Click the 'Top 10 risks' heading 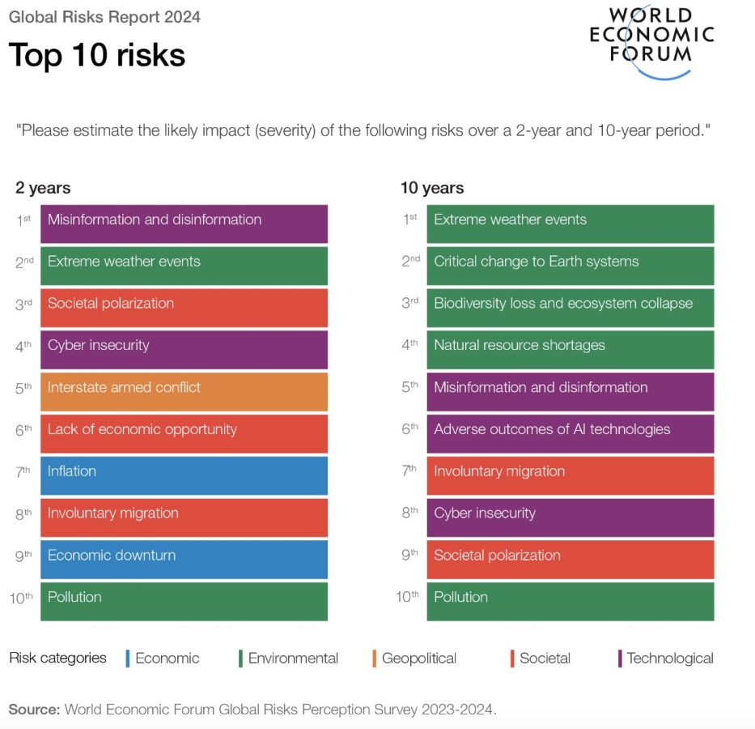[97, 55]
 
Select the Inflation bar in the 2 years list [184, 475]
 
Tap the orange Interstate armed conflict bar [184, 391]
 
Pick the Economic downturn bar [184, 559]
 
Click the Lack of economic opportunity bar [184, 433]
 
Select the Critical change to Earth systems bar [570, 266]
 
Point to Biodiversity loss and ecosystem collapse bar [570, 308]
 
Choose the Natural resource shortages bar [570, 349]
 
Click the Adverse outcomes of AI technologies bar [570, 433]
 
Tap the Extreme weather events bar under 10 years [570, 224]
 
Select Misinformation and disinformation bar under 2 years [184, 224]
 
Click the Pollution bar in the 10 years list [570, 601]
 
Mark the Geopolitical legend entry [414, 659]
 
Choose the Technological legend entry [665, 659]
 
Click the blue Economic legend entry [162, 659]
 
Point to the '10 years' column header [432, 188]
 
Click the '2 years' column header [43, 188]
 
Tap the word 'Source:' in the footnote [34, 710]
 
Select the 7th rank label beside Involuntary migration [410, 470]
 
